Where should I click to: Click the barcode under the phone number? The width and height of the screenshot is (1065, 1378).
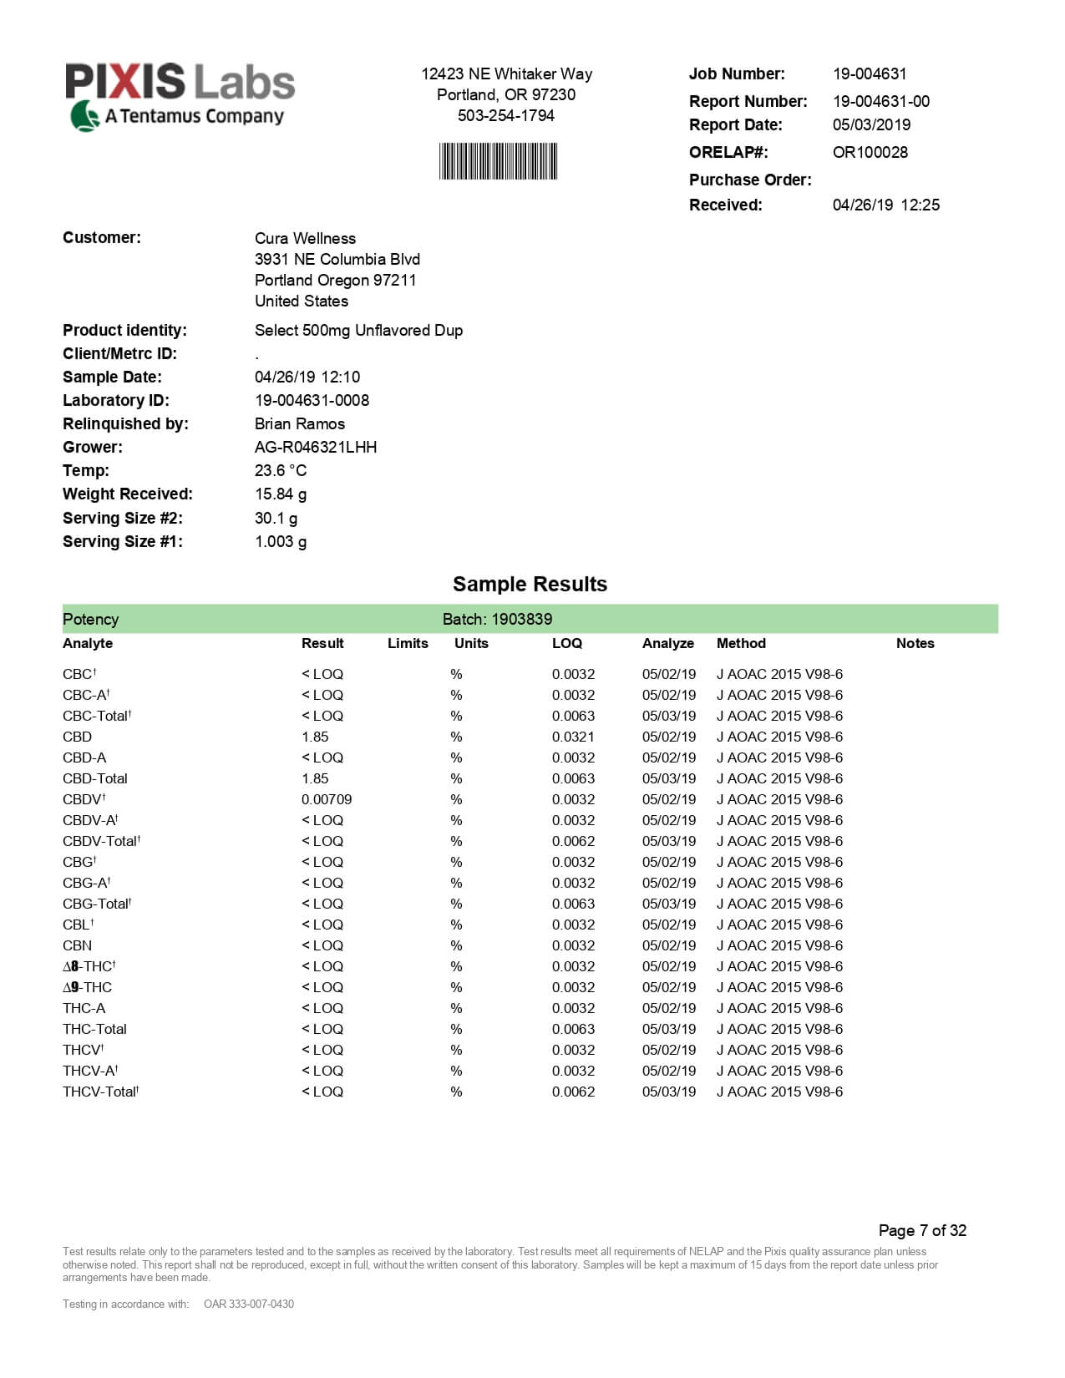(x=498, y=161)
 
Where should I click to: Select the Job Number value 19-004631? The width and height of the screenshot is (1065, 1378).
(x=870, y=73)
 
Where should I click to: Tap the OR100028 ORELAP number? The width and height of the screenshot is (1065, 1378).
(x=870, y=152)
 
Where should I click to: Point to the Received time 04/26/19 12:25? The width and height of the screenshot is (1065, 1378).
(x=885, y=205)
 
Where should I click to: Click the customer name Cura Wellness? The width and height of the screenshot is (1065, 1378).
(x=305, y=238)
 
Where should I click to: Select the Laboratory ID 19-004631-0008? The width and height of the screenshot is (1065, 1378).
(x=312, y=400)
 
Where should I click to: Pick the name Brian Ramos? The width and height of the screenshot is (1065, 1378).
(x=299, y=423)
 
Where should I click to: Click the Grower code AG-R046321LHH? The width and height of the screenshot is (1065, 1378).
(x=315, y=447)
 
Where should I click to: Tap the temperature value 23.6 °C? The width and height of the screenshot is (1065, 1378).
(x=280, y=470)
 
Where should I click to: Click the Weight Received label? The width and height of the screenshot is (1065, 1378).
(x=127, y=494)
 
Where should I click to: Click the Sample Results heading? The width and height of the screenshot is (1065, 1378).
(x=530, y=584)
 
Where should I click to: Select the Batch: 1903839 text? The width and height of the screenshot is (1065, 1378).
(x=497, y=619)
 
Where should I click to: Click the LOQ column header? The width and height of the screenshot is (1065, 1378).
(x=566, y=643)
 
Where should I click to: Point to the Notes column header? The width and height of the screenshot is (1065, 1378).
(x=915, y=643)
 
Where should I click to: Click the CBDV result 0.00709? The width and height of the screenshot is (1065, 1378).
(x=326, y=799)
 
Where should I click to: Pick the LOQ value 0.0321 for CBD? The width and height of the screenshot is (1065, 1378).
(x=573, y=737)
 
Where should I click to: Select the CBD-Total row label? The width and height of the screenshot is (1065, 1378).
(x=94, y=778)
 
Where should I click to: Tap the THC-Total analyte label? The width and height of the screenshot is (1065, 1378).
(x=94, y=1029)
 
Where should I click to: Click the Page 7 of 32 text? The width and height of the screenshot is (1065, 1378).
(x=922, y=1230)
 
